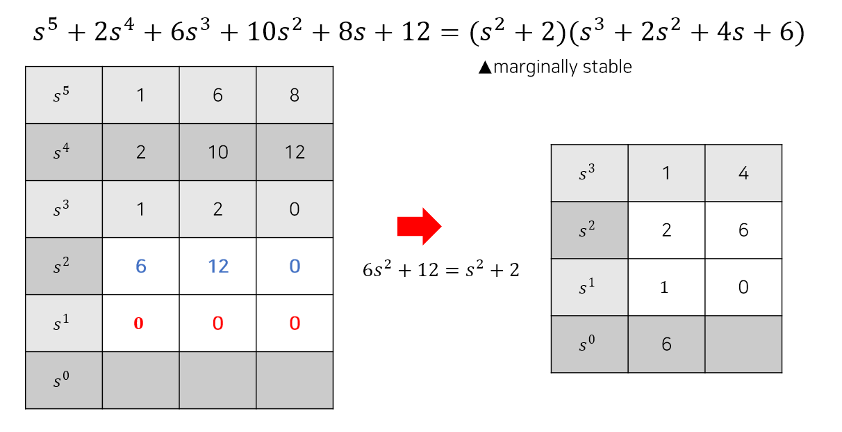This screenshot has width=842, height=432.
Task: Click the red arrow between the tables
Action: point(419,226)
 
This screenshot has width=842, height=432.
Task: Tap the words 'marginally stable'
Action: point(562,67)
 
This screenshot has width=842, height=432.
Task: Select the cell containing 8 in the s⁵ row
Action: point(295,95)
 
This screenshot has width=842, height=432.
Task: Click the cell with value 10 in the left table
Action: point(217,152)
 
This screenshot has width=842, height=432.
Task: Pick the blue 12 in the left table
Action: point(217,266)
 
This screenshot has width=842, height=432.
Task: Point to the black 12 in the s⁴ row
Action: point(295,152)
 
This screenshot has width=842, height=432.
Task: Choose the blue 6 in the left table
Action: point(140,266)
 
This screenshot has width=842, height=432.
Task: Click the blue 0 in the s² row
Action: point(295,266)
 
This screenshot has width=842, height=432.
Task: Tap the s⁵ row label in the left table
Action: point(63,95)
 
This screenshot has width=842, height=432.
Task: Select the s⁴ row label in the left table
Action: point(63,152)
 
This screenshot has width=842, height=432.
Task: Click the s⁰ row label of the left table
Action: point(63,381)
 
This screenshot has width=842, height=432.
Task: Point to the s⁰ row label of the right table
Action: point(588,344)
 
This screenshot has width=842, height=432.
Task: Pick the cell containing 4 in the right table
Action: point(743,173)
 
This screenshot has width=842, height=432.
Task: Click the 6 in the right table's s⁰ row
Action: point(666,344)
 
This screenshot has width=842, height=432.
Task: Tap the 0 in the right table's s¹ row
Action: point(743,287)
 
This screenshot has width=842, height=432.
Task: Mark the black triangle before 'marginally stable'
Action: point(485,67)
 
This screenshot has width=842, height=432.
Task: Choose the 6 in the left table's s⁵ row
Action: point(217,95)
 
